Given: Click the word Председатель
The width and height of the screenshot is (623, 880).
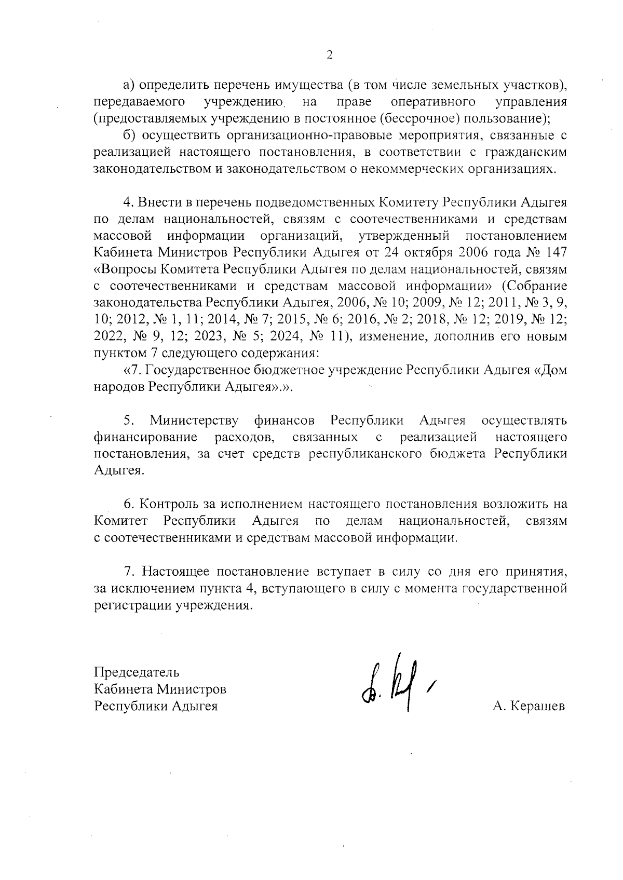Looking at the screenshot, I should point(137,672).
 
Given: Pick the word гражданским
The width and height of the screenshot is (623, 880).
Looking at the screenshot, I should point(525,152).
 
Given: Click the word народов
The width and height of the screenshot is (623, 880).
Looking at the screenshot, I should point(118,387).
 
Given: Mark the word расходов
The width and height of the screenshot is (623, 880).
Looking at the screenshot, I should point(244,437).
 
